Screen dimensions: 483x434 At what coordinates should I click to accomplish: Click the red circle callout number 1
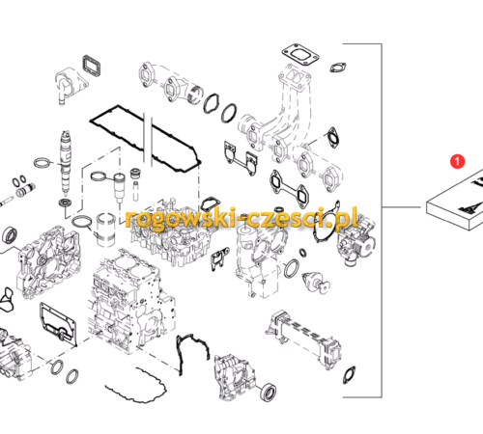(x=457, y=161)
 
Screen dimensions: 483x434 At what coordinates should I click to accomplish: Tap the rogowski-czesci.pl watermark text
(x=241, y=218)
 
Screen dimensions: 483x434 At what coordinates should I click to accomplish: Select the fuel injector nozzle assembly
(x=66, y=162)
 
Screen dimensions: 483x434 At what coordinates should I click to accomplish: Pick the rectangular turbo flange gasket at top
(x=300, y=55)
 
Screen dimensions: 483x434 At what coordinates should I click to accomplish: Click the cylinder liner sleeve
(x=106, y=230)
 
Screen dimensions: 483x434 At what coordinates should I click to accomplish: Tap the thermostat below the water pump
(x=316, y=283)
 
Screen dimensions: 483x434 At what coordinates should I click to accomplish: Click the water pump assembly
(x=355, y=239)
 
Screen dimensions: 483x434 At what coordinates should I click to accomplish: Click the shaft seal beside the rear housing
(x=268, y=392)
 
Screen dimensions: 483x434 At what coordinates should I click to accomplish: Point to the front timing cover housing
(x=49, y=262)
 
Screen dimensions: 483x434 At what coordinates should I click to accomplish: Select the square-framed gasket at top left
(x=92, y=67)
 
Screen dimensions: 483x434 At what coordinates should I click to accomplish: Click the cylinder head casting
(x=171, y=234)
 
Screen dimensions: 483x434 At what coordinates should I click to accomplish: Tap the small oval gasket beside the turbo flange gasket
(x=337, y=67)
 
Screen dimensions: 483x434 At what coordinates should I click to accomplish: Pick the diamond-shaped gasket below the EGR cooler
(x=349, y=375)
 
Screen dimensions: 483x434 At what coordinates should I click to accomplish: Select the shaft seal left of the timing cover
(x=10, y=235)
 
